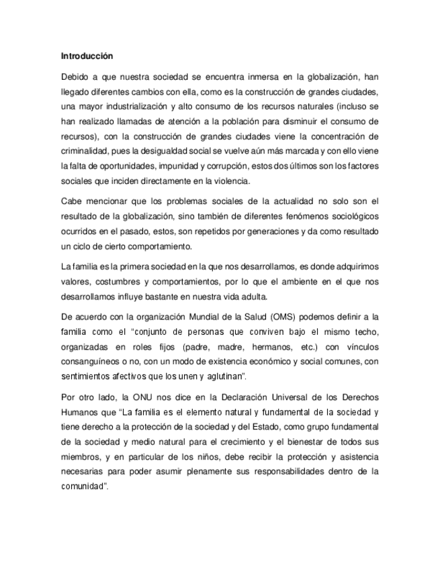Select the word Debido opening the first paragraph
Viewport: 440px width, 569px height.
click(75, 77)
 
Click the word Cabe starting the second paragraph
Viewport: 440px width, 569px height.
click(71, 201)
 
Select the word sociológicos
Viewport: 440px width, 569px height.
click(352, 216)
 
